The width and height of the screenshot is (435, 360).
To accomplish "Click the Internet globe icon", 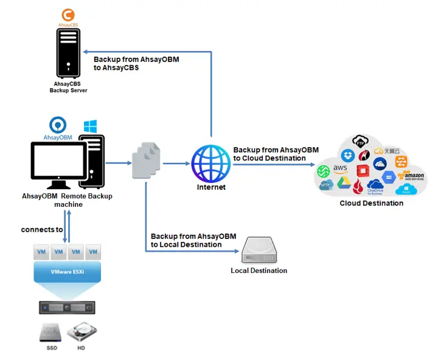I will point(211,163).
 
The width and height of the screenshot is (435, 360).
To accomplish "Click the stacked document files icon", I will point(147,160).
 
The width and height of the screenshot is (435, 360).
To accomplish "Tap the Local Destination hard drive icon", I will point(259,251).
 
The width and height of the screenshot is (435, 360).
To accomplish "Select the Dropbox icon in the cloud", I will point(347,156).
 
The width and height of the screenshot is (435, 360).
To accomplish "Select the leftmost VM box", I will point(41,252).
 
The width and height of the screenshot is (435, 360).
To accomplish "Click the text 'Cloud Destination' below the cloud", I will point(371,203).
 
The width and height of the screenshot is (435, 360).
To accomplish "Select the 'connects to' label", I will point(41,229).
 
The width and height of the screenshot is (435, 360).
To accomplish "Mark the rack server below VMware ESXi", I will point(68,307).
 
